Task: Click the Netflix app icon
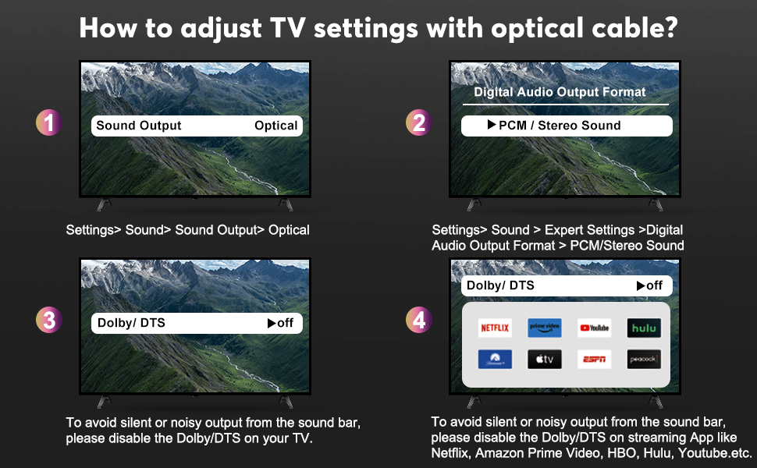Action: click(x=495, y=328)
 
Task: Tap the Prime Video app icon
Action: click(x=545, y=328)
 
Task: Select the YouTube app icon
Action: click(x=595, y=328)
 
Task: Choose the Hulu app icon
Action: click(x=644, y=328)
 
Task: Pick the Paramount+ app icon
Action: click(x=495, y=360)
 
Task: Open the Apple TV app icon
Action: click(x=545, y=360)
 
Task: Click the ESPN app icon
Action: click(x=595, y=360)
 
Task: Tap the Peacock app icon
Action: click(x=644, y=360)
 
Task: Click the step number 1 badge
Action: click(x=48, y=122)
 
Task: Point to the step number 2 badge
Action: click(x=418, y=122)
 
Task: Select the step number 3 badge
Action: click(x=48, y=320)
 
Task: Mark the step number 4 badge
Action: click(x=418, y=320)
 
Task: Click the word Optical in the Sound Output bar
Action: click(x=276, y=126)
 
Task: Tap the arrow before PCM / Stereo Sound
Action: click(x=492, y=125)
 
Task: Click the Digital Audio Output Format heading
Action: click(x=560, y=92)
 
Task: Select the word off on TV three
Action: click(x=286, y=323)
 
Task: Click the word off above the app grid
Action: click(x=655, y=285)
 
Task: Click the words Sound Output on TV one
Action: click(x=139, y=126)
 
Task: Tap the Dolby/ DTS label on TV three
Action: click(x=131, y=323)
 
